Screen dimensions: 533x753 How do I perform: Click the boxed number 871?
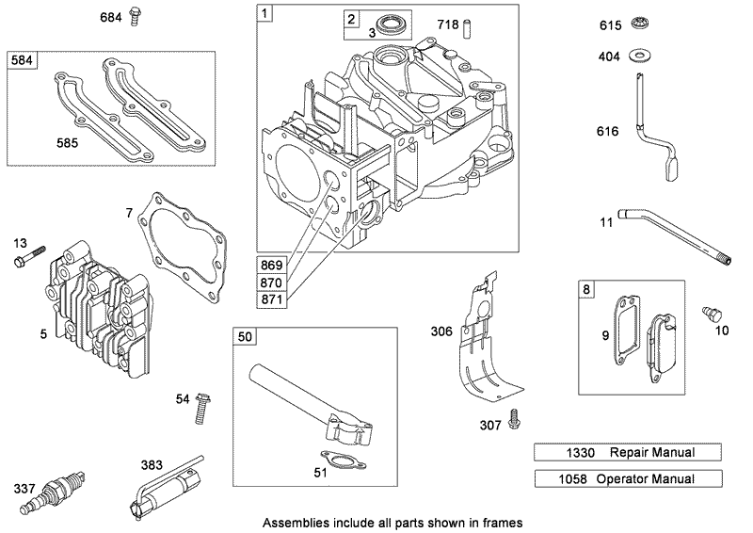(272, 299)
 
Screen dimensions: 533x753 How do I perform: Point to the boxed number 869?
(272, 266)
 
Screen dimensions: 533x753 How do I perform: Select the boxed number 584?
(22, 61)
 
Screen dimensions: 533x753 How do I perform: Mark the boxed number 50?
(245, 336)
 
